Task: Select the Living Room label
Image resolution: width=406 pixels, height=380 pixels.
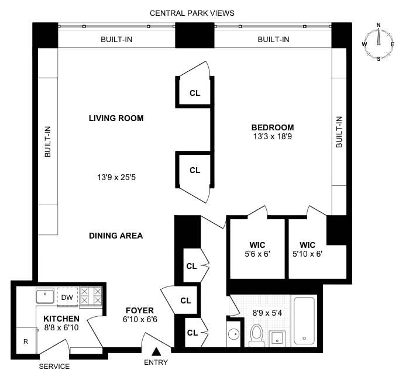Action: click(116, 118)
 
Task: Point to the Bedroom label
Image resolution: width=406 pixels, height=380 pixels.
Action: click(273, 127)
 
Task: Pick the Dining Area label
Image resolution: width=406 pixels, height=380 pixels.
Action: click(116, 236)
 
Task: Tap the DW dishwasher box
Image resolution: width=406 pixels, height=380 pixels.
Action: click(67, 298)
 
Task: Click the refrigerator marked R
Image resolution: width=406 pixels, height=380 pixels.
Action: click(25, 341)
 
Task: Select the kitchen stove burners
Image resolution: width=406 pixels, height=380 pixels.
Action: click(91, 296)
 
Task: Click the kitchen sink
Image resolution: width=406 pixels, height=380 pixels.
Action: click(45, 296)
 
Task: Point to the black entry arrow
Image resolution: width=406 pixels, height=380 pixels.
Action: click(156, 351)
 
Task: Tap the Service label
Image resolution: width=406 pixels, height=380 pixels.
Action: click(54, 367)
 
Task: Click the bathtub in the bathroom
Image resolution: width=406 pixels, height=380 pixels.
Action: click(304, 322)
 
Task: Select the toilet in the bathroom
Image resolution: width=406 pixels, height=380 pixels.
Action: click(256, 335)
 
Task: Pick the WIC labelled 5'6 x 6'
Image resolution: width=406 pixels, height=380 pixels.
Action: click(256, 250)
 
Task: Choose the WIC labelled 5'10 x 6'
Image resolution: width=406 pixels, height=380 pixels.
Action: click(307, 250)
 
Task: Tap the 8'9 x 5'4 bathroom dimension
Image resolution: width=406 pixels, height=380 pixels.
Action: click(266, 313)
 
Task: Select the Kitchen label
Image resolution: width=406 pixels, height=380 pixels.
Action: click(61, 318)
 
